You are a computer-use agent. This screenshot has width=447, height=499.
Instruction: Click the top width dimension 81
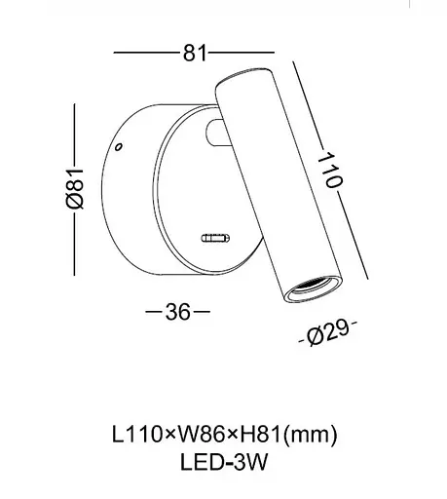(195, 53)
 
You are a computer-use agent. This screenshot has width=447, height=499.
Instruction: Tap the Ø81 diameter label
(75, 188)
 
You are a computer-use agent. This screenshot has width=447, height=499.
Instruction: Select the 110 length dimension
(329, 170)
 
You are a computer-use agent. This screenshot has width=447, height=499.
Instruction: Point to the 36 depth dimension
(177, 312)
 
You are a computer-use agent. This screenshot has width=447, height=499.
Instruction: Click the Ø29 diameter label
(328, 332)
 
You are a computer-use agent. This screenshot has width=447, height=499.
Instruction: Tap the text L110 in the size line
(137, 435)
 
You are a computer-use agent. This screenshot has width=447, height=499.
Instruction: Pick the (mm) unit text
(311, 436)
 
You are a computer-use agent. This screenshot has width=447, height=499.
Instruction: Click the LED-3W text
(224, 462)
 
